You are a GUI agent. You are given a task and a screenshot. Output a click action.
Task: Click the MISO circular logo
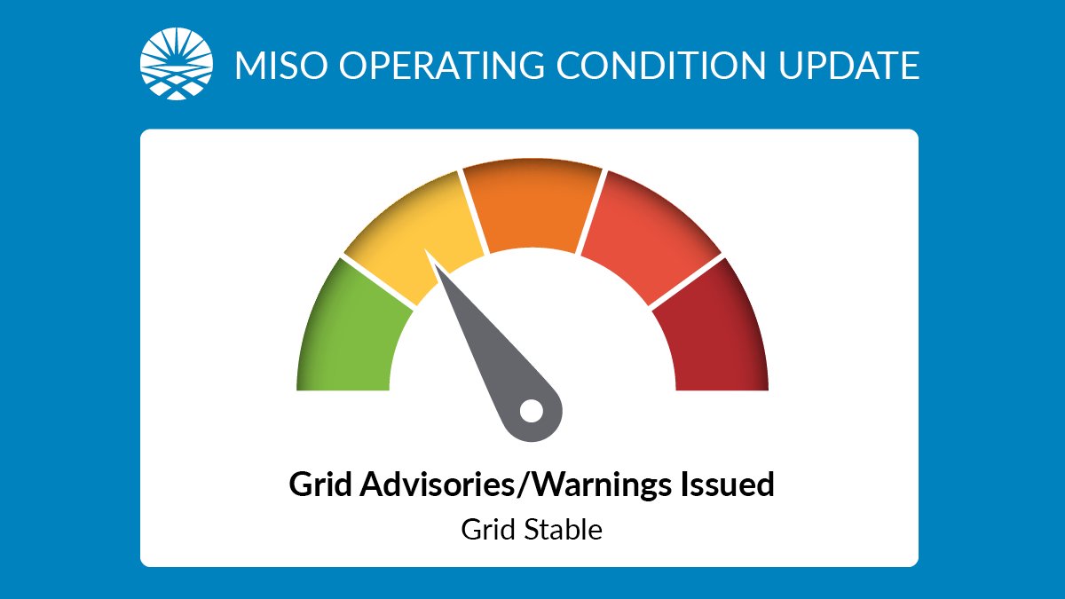[177, 65]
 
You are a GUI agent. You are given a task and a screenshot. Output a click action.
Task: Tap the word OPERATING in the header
[430, 66]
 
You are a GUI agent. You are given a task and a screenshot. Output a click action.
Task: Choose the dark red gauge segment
[714, 337]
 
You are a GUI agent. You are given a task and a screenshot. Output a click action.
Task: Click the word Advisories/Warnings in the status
[514, 485]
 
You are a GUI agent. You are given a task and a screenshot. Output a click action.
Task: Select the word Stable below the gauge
[565, 531]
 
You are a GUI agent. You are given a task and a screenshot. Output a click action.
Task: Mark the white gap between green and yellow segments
[378, 283]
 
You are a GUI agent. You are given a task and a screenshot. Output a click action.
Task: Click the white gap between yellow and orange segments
[473, 213]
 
